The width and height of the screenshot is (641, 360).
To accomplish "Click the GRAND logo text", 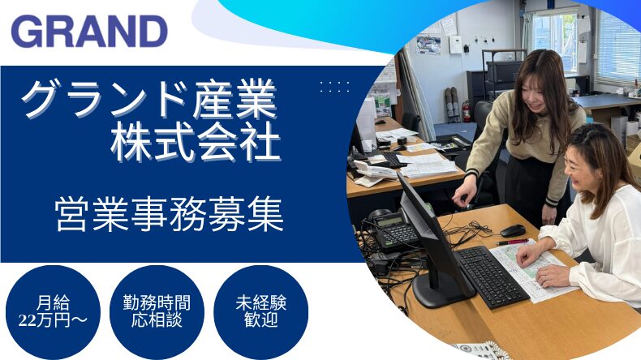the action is tap(89, 32).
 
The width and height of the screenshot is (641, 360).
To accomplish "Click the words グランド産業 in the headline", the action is tap(150, 99).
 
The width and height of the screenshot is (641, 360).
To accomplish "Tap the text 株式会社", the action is tap(196, 143).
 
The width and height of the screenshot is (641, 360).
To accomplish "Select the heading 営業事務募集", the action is tap(170, 213).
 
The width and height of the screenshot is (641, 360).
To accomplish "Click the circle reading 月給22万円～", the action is tap(53, 312).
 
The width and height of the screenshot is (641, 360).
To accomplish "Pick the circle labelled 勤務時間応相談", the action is tap(157, 312).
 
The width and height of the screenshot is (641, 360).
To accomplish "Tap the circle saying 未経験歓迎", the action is tap(260, 312).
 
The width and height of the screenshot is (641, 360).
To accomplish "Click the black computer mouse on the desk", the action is tap(513, 230).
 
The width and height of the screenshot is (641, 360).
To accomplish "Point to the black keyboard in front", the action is tap(492, 276).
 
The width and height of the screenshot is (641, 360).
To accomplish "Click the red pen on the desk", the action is tap(511, 242).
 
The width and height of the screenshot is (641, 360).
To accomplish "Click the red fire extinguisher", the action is tap(466, 111).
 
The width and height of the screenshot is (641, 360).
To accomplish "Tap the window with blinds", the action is tap(617, 47).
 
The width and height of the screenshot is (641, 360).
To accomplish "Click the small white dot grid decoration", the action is tap(335, 87).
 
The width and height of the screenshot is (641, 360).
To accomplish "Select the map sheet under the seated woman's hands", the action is tap(531, 269).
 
